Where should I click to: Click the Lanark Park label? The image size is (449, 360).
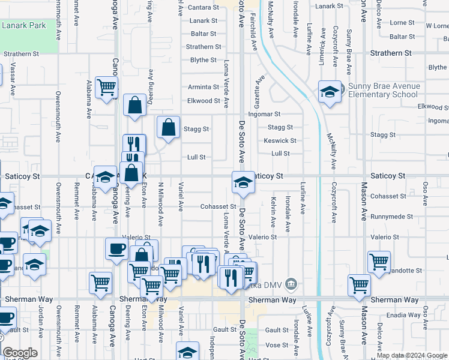tap(24, 26)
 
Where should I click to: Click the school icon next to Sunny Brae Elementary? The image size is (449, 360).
tap(330, 92)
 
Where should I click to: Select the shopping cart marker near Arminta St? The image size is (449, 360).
tap(107, 88)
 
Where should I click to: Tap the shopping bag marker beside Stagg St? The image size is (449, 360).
tap(169, 127)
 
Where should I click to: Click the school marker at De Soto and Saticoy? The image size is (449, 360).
tap(243, 182)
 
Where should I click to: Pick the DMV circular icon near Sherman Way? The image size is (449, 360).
tap(291, 283)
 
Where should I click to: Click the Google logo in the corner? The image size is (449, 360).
tap(19, 353)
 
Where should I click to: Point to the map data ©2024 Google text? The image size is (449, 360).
tap(412, 355)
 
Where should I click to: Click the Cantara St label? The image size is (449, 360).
tap(203, 7)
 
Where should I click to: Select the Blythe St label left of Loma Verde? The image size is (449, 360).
tap(203, 60)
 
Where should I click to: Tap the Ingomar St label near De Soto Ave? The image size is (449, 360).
tap(265, 113)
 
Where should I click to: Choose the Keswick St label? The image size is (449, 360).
tap(280, 141)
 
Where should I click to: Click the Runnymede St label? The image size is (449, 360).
tap(391, 217)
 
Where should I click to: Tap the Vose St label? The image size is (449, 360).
tap(277, 345)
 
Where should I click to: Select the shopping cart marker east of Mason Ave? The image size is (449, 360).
tap(379, 262)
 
